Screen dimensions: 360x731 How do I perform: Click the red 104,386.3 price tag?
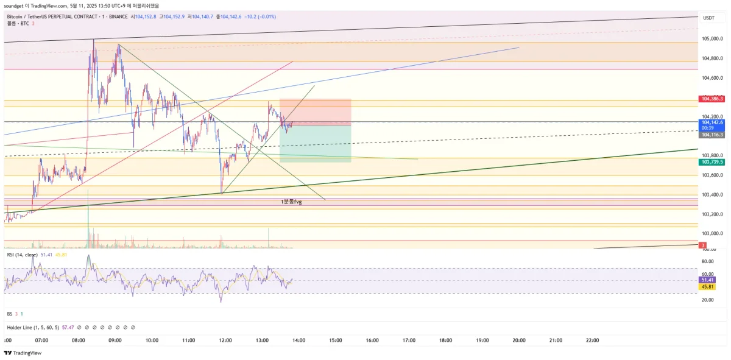coord(712,98)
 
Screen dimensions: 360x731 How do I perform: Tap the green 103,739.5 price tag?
coord(712,162)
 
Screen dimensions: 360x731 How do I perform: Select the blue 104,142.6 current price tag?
coord(712,122)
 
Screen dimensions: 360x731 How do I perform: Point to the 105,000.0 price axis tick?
coord(712,38)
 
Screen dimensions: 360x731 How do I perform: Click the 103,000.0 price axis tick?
coord(712,233)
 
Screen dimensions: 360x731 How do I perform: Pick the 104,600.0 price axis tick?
coord(712,77)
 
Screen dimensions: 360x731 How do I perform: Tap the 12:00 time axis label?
coord(225,341)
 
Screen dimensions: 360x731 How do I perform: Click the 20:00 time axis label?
coord(519,341)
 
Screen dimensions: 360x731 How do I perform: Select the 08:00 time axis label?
coord(79,341)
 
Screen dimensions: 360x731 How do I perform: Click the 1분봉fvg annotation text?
coord(291,201)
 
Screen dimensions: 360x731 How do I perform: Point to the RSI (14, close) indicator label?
coord(23,255)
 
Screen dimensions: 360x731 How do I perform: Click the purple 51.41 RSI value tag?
coord(707,280)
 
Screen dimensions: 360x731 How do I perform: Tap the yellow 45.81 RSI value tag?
coord(707,286)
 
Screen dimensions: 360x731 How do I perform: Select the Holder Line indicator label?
coord(32,328)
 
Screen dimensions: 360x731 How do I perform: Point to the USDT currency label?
coord(708,18)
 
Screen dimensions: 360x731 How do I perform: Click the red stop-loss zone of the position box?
coord(315,111)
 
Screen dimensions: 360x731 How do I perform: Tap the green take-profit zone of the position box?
coord(315,144)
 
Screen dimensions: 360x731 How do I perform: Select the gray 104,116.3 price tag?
coord(712,135)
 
